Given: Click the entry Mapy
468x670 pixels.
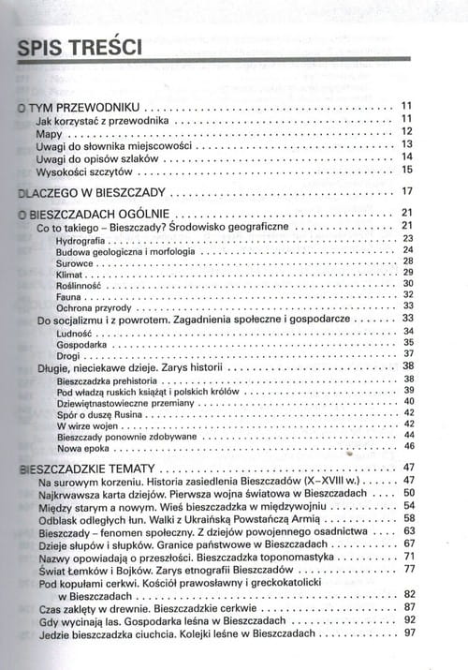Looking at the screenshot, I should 48,133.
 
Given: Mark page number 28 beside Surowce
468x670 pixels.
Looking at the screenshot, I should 408,262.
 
